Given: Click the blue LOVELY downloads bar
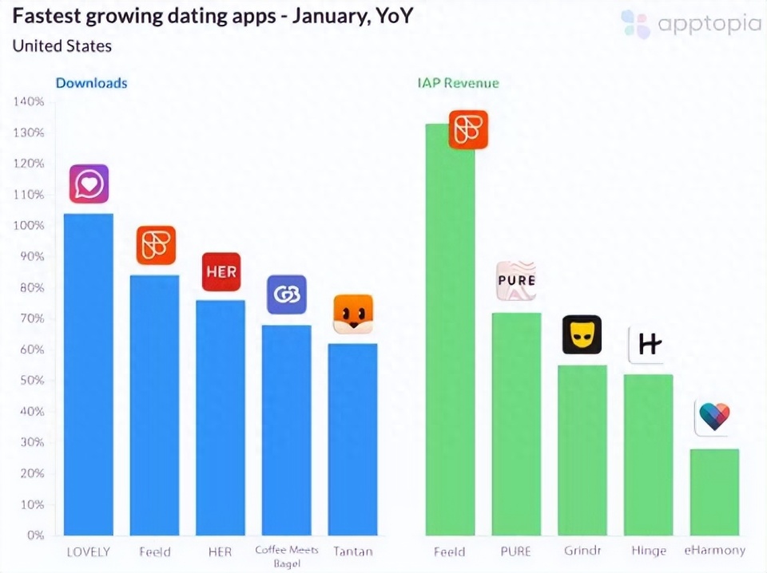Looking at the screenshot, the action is (89, 374).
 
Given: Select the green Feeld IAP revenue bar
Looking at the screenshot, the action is (450, 330).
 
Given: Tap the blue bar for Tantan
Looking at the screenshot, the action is (352, 439).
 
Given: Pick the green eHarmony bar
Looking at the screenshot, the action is (714, 492).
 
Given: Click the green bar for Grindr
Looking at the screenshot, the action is (582, 450).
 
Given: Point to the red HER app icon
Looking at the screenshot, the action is (221, 271).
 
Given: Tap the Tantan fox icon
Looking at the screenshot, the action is (353, 314).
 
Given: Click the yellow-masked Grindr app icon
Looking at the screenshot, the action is (582, 334).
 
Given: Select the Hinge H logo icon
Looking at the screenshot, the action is (648, 345).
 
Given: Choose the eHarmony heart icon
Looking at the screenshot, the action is (714, 417).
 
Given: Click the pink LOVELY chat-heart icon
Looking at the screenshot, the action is (89, 184).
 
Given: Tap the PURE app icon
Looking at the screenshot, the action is (516, 281).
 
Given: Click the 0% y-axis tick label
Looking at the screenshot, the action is (35, 535).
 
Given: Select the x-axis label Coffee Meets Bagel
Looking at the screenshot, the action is (287, 556).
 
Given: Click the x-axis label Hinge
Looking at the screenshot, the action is (649, 551).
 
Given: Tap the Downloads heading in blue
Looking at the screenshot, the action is (91, 83).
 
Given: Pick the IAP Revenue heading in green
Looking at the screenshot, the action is (459, 83).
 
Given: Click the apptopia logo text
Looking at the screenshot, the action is (709, 24).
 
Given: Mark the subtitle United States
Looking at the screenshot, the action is (62, 46).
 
